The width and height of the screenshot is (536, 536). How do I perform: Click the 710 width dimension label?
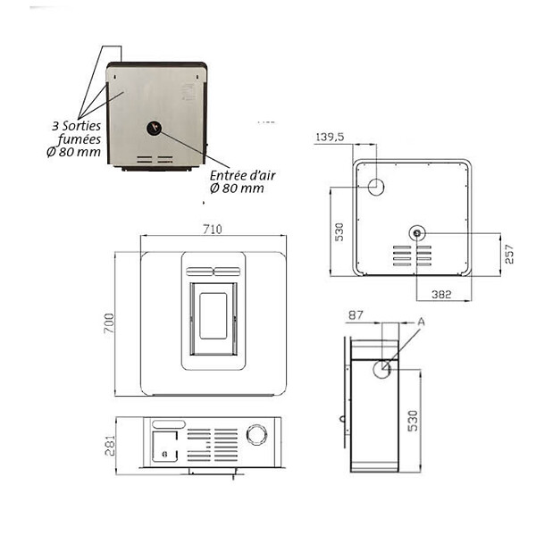pos(213,229)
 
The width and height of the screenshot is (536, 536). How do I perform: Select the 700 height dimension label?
pos(109,323)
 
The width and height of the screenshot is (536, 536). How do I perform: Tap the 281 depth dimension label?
pos(110,446)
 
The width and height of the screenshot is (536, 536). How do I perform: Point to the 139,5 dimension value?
pos(330,137)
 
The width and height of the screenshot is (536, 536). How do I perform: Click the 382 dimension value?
pos(441,294)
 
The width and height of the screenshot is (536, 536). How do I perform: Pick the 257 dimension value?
pos(509,254)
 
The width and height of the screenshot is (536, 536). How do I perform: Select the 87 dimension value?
pos(356,314)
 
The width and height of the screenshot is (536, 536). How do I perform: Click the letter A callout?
pos(421,322)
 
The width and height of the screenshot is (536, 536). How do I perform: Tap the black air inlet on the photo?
pos(155,128)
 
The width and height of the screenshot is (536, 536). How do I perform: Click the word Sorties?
pos(81,126)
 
